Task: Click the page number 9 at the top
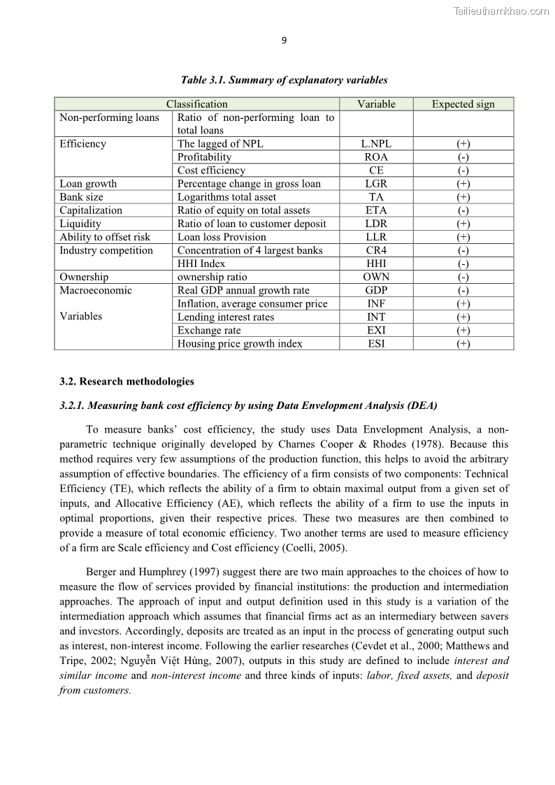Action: (284, 41)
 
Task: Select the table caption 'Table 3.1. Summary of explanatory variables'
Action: (284, 80)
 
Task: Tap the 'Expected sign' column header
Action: (463, 104)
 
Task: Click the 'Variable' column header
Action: (376, 104)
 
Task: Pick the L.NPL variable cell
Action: (376, 144)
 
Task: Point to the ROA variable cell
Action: (376, 157)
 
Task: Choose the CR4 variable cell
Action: (376, 250)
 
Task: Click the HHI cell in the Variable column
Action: (376, 264)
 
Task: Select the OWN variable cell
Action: (376, 277)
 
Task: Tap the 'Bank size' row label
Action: (81, 197)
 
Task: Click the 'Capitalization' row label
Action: (91, 210)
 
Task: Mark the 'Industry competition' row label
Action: (106, 250)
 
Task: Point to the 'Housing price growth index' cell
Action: (240, 344)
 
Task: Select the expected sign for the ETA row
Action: (463, 210)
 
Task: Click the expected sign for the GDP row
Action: (463, 290)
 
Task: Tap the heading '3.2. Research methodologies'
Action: (127, 382)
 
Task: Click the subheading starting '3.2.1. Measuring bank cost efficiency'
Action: (248, 405)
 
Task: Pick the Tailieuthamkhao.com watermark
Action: (501, 10)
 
